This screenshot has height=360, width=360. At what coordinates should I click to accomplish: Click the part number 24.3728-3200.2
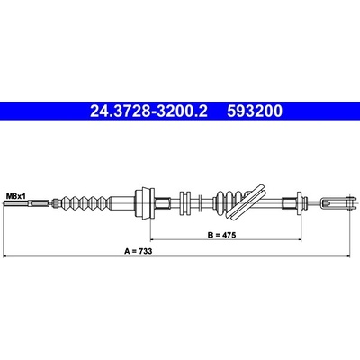click(x=148, y=112)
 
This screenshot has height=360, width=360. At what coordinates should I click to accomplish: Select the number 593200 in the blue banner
click(x=255, y=112)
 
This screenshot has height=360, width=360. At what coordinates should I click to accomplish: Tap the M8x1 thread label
click(x=16, y=196)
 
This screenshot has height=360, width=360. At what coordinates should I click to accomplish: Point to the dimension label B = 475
click(x=222, y=235)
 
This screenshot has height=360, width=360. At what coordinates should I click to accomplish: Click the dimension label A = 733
click(x=139, y=251)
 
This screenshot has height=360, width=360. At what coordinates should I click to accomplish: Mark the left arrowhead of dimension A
click(x=5, y=256)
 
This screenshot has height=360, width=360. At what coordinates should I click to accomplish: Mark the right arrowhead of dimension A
click(x=348, y=256)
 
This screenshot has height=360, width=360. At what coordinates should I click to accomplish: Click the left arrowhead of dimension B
click(x=152, y=239)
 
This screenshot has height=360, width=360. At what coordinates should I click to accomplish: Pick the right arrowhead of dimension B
click(x=299, y=239)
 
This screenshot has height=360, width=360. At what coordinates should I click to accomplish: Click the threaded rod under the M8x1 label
click(x=26, y=203)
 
